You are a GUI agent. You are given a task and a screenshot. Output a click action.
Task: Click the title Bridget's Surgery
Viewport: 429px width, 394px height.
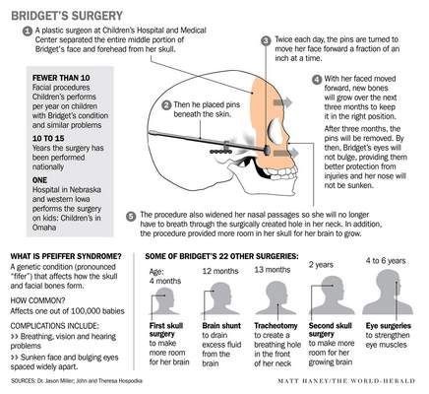67,16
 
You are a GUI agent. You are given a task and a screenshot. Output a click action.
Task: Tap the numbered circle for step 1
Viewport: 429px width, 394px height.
28,32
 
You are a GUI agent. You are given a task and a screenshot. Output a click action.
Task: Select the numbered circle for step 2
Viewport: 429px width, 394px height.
167,105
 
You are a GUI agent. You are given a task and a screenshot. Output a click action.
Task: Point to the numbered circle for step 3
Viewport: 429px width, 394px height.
266,40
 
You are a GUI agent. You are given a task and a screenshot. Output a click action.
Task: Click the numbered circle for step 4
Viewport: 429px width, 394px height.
317,80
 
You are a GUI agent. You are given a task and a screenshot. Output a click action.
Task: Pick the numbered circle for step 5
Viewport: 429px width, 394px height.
131,217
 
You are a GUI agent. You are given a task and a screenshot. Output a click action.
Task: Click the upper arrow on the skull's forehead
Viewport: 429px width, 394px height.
282,102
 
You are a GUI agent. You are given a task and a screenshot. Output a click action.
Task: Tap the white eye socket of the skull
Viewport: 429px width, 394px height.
276,131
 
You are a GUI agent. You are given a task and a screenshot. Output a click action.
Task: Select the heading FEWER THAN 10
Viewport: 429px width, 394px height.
61,78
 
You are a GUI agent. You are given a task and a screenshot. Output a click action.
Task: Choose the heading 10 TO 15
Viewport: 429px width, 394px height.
48,139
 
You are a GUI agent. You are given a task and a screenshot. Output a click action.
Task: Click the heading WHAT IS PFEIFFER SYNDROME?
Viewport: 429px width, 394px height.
66,256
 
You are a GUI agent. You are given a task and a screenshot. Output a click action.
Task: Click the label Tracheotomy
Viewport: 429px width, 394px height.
276,326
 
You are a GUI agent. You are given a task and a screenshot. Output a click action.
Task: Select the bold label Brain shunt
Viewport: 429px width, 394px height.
221,326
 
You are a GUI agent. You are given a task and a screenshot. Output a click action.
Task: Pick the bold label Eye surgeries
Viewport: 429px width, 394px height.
389,326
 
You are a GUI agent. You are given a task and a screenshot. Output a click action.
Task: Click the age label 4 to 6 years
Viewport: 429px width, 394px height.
386,261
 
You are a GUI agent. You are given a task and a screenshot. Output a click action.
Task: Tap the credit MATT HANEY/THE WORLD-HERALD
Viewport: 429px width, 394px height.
346,381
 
